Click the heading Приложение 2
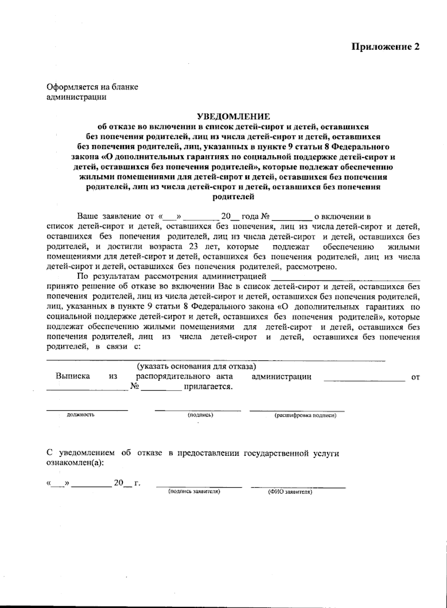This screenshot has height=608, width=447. tap(386, 47)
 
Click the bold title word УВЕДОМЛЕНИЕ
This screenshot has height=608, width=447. tap(233, 117)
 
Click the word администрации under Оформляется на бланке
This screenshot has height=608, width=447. tap(76, 97)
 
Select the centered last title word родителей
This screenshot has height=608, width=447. tap(233, 197)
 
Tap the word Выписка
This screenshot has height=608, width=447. tap(73, 376)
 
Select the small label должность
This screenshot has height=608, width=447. tap(80, 415)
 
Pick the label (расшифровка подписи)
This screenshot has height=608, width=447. tap(305, 415)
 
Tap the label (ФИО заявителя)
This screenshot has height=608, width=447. tap(290, 492)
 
